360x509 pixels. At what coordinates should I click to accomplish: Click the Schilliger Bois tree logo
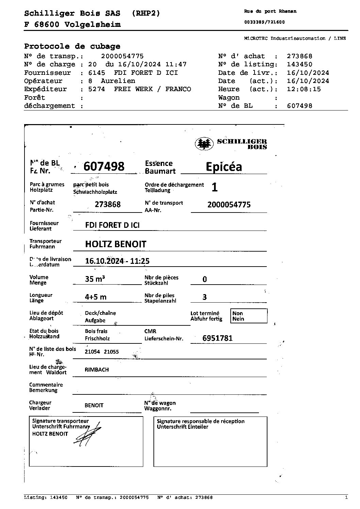[x=204, y=144]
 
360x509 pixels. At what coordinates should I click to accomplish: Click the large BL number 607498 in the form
[x=104, y=166]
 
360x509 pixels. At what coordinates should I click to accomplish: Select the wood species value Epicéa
[x=224, y=167]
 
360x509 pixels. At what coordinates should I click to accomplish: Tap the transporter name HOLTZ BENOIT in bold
[x=115, y=244]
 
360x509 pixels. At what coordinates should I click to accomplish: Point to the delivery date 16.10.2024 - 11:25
[x=117, y=261]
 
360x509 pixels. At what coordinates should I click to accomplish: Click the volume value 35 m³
[x=95, y=279]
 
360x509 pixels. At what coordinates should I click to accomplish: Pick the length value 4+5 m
[x=95, y=297]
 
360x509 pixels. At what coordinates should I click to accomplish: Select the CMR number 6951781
[x=217, y=338]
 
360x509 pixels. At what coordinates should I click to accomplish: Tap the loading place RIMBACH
[x=97, y=370]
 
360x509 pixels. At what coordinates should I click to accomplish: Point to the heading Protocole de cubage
[x=72, y=46]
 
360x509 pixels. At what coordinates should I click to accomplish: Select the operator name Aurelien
[x=118, y=81]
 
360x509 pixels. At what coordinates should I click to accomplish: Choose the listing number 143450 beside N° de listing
[x=299, y=64]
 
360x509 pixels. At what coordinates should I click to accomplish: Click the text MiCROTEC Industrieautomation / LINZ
[x=295, y=38]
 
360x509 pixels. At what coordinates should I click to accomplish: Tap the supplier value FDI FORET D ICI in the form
[x=112, y=225]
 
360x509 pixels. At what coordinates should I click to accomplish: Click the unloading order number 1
[x=214, y=187]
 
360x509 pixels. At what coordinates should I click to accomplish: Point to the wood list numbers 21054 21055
[x=102, y=352]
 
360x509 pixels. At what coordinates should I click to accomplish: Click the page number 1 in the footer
[x=346, y=497]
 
